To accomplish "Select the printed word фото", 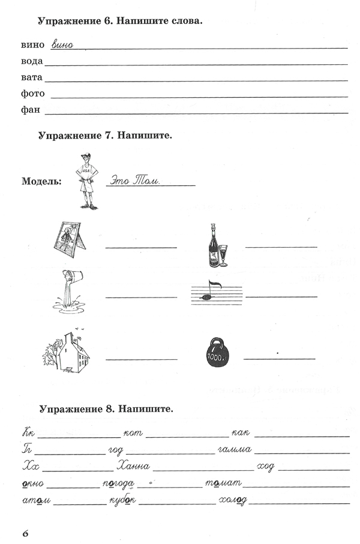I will click(34, 94).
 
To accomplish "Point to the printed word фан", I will click(32, 110).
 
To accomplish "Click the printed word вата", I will click(32, 78).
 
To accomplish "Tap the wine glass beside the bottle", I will click(224, 254).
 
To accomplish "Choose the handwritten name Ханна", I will click(134, 465).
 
